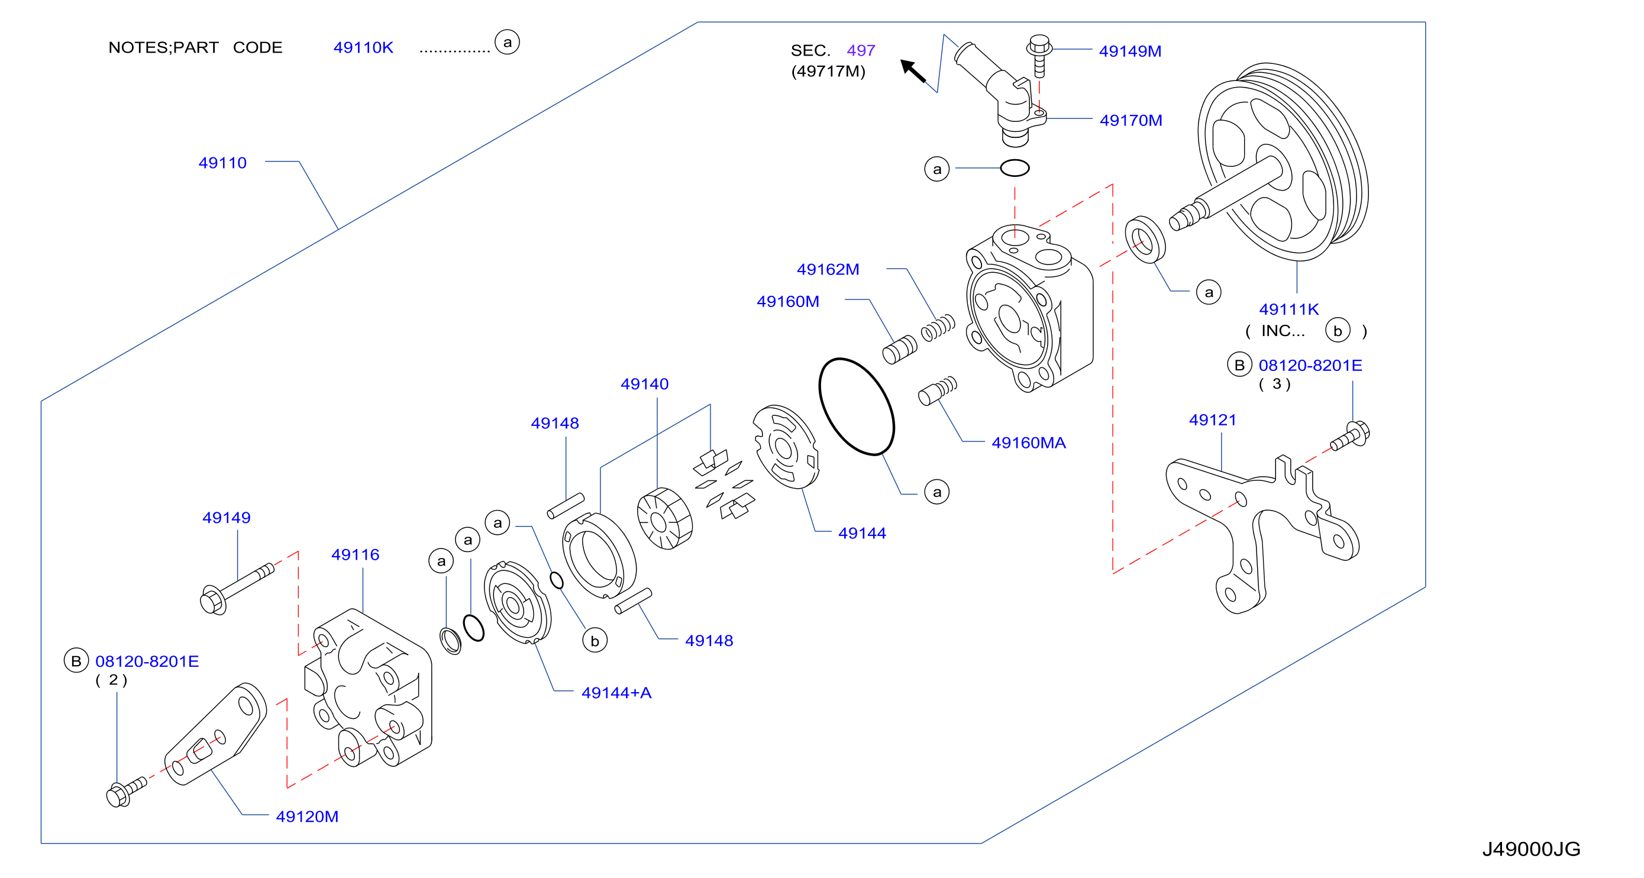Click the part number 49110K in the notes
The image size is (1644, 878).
point(363,47)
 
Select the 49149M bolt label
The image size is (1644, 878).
point(1129,51)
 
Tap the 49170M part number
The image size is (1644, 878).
point(1131,120)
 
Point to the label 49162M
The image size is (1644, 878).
point(828,269)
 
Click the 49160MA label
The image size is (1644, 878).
point(1028,443)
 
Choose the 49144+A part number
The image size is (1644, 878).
point(616,692)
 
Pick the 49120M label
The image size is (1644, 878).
point(307,816)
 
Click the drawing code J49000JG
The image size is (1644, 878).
point(1531,848)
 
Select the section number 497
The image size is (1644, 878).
point(861,50)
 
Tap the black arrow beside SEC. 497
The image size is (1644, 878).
point(913,71)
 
